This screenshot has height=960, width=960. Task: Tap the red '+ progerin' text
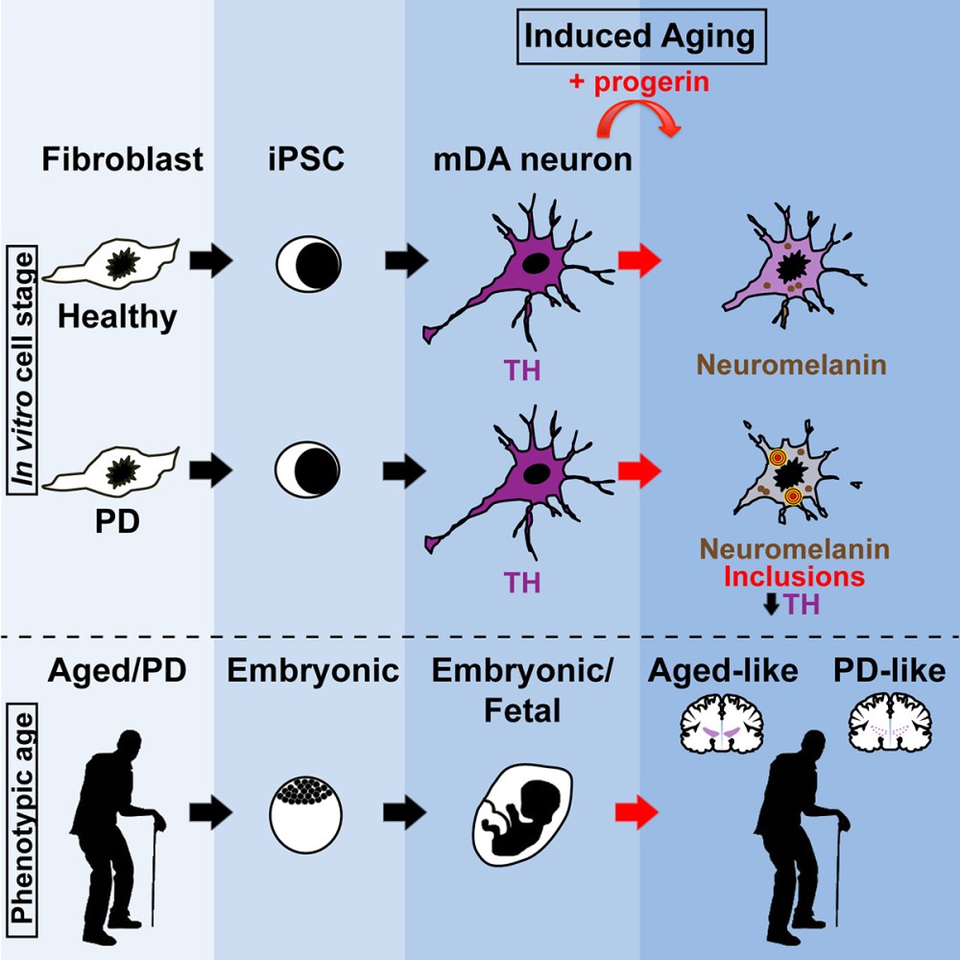[x=637, y=83]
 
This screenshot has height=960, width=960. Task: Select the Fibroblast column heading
[x=123, y=158]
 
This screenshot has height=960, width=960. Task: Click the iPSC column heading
[x=306, y=158]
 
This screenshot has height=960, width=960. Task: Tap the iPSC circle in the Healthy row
[x=306, y=260]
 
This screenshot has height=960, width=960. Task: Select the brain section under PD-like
[x=890, y=725]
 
